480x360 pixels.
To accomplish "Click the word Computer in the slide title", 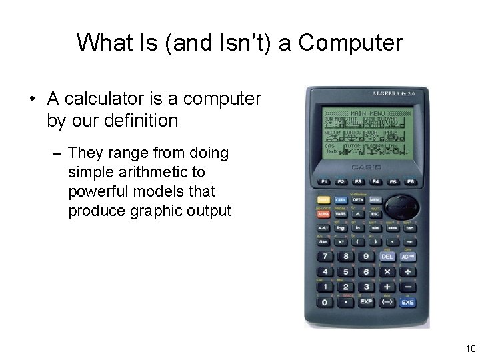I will [x=351, y=43].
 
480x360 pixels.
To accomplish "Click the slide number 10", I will [x=470, y=349].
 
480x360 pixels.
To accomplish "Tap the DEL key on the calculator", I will [x=387, y=257].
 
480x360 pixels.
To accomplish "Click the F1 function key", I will [x=324, y=182].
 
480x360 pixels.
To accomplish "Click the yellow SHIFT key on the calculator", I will [x=324, y=199].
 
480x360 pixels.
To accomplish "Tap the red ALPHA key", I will [x=324, y=214].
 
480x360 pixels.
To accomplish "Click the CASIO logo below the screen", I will [x=366, y=166].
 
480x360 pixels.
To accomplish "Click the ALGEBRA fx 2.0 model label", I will [x=393, y=94].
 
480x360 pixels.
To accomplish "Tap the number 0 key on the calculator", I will [x=325, y=302].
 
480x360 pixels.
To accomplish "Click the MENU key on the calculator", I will [x=375, y=199].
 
